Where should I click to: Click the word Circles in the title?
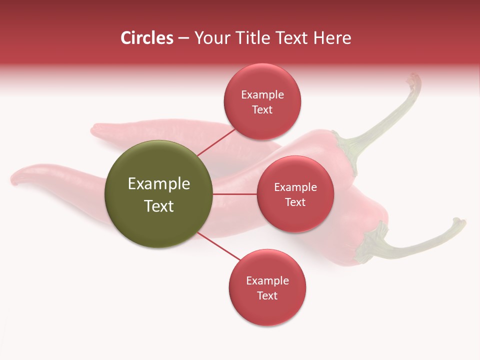click(x=146, y=38)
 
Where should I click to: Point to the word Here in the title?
click(x=332, y=38)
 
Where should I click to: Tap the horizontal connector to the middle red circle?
click(x=235, y=194)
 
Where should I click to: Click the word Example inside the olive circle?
click(x=159, y=184)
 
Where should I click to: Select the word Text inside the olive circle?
click(x=159, y=206)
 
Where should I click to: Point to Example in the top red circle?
click(x=262, y=95)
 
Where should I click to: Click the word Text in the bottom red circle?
click(x=267, y=296)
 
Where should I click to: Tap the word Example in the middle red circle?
click(x=295, y=187)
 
